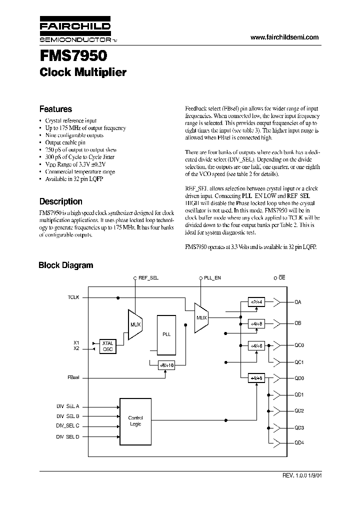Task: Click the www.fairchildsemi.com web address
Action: click(x=284, y=37)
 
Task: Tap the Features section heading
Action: click(x=55, y=109)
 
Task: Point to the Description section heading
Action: click(x=60, y=201)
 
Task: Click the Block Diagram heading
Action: click(x=65, y=265)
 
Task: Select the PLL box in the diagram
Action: click(x=167, y=334)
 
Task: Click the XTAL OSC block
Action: click(x=108, y=345)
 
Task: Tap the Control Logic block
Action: click(x=135, y=421)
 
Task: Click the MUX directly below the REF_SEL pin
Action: click(x=135, y=324)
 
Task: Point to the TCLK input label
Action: click(x=73, y=297)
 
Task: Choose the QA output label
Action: click(x=298, y=302)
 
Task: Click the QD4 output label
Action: click(x=299, y=442)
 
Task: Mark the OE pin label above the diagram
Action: click(x=282, y=277)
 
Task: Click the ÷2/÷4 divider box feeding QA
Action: click(x=257, y=302)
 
